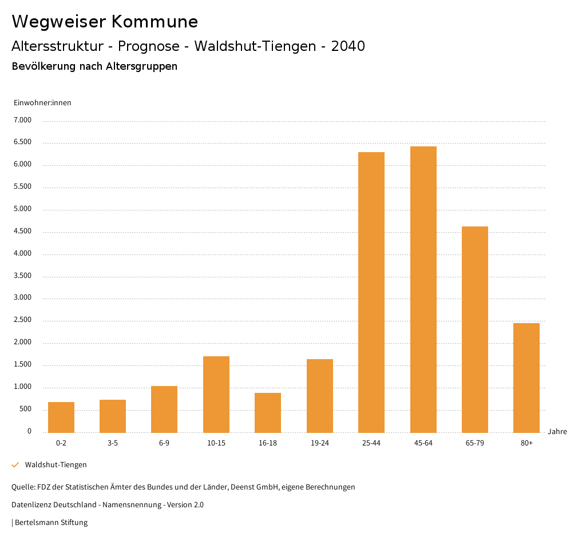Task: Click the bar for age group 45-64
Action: pos(423,289)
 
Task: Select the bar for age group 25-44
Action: pos(371,292)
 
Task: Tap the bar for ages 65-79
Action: pos(474,329)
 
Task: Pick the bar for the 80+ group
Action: pos(526,377)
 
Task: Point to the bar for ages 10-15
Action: pos(216,394)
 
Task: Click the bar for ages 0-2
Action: pos(61,417)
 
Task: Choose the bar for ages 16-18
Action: pos(268,412)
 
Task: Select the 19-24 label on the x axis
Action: pos(319,443)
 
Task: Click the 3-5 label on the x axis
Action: pos(113,443)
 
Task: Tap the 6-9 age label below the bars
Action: pos(164,443)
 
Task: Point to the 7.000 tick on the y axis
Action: pos(22,120)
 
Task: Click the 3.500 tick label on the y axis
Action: pos(22,276)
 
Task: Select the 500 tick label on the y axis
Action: pos(25,409)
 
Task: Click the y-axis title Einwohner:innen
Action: pos(42,103)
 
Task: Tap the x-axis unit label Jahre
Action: pos(557,432)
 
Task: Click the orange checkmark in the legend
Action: pos(15,465)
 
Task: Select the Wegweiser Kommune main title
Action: pos(105,22)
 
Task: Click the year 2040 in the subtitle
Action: pos(348,46)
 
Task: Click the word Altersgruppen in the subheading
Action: pos(141,66)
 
